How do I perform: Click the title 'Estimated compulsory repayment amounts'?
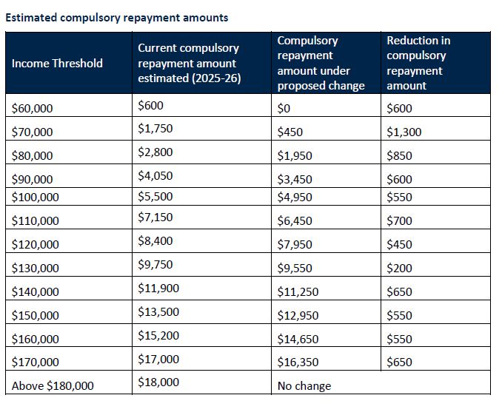click(117, 17)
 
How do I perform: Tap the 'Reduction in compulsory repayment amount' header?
click(418, 63)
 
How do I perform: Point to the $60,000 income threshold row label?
click(33, 108)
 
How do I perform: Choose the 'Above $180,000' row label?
click(53, 385)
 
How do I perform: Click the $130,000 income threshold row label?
click(36, 268)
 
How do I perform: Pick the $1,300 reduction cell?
click(404, 132)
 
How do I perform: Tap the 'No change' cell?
click(304, 385)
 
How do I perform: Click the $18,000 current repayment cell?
click(158, 382)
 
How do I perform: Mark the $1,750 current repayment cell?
click(155, 129)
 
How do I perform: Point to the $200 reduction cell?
click(399, 268)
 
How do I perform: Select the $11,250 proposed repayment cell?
click(298, 291)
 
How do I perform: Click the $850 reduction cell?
click(399, 155)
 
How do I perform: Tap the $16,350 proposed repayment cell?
click(298, 362)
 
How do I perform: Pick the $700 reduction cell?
click(399, 220)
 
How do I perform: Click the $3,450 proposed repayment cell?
click(295, 179)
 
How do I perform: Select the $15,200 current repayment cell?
click(158, 335)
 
